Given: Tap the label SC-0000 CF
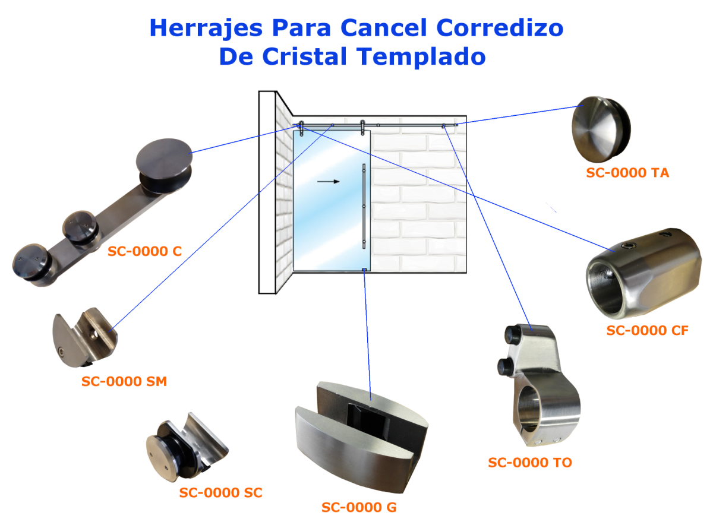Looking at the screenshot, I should coord(647,330).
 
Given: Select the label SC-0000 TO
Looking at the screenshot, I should coord(530,462).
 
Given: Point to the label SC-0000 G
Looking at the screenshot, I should coord(359,507).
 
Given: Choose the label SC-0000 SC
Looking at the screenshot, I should coord(220,492).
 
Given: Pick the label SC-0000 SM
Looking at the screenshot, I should coord(124,381).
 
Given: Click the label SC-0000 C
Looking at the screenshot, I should coord(144,251).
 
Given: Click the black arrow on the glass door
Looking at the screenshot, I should coord(329,181).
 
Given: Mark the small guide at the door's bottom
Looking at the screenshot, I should coord(364,270).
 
